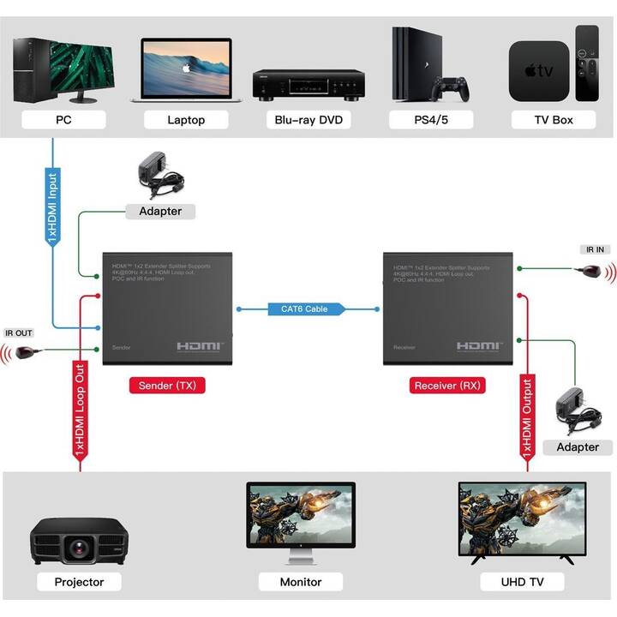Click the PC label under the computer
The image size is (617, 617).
pos(63,120)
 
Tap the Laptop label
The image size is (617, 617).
pos(186,120)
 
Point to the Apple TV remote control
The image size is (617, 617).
pos(587,63)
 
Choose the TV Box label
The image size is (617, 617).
pos(554,120)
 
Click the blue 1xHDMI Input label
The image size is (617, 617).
pos(52,209)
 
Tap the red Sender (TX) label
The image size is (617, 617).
pos(167,386)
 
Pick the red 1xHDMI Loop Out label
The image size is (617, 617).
pos(79,410)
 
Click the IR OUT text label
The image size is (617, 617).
pos(19,332)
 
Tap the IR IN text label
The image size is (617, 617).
pos(595,249)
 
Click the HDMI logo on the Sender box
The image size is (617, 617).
pos(201,346)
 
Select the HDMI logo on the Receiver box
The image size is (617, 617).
pos(479,346)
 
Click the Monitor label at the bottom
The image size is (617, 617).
pos(301,582)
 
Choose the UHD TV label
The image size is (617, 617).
pos(523,582)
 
